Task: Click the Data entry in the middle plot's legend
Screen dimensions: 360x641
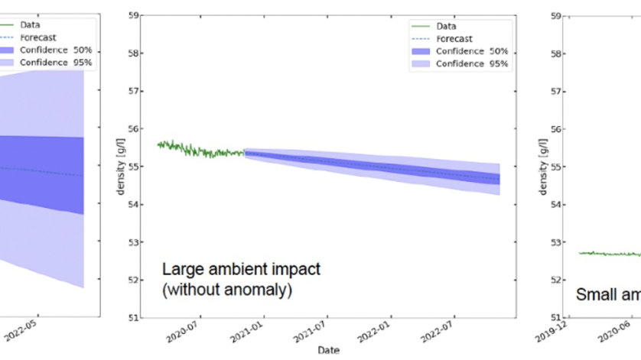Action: pyautogui.click(x=447, y=25)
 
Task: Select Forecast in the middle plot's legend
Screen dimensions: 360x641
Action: pyautogui.click(x=454, y=38)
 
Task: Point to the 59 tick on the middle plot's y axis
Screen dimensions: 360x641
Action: pyautogui.click(x=133, y=15)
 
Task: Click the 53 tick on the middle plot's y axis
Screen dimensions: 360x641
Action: pyautogui.click(x=133, y=242)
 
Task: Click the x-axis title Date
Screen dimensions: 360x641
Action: pyautogui.click(x=328, y=350)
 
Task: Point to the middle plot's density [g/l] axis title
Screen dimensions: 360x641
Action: pyautogui.click(x=120, y=166)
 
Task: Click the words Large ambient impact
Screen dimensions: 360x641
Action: pyautogui.click(x=241, y=269)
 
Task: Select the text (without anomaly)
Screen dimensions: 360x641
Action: pyautogui.click(x=227, y=290)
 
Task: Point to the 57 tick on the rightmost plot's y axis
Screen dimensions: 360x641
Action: pyautogui.click(x=556, y=91)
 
